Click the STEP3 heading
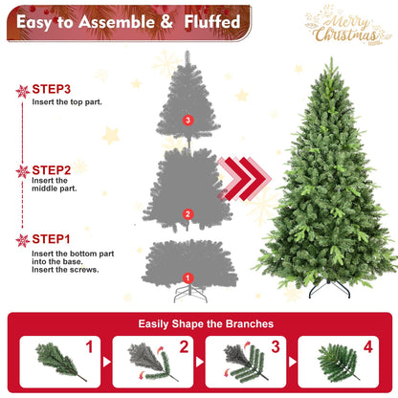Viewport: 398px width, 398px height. click(56, 89)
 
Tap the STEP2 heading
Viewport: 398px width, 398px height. click(56, 169)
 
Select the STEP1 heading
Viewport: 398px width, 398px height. click(56, 239)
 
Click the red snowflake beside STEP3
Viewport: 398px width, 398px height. click(22, 91)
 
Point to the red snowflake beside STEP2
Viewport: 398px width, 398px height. click(22, 171)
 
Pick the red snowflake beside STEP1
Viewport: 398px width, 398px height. click(22, 240)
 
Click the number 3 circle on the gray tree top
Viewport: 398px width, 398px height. click(188, 120)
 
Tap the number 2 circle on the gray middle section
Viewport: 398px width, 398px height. click(188, 213)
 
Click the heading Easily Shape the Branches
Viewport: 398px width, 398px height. click(199, 323)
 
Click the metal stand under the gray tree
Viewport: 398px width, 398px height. click(188, 293)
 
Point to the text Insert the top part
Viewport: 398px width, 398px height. click(68, 100)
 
